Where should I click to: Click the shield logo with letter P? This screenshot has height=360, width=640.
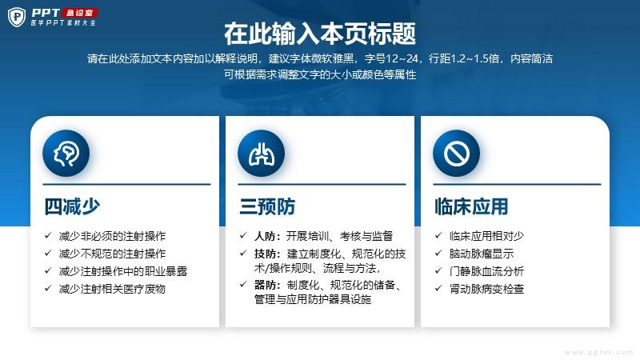[x=17, y=17]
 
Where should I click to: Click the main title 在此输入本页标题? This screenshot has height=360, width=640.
[x=320, y=34]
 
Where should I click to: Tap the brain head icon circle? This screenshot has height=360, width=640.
[x=66, y=153]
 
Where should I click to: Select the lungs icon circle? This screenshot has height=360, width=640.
[x=262, y=153]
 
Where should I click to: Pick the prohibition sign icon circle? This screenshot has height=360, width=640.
[x=456, y=153]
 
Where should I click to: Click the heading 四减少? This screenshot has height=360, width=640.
[x=72, y=206]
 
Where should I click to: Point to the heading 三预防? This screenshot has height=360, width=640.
[x=267, y=206]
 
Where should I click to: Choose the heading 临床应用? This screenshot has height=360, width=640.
[x=471, y=206]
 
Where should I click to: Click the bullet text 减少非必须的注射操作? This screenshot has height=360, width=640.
[x=112, y=236]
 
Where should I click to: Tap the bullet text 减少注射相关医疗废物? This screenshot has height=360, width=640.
[x=112, y=289]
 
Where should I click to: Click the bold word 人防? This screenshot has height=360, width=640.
[x=265, y=236]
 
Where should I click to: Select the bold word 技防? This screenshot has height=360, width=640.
[x=265, y=254]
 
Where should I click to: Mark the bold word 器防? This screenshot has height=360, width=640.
[x=265, y=285]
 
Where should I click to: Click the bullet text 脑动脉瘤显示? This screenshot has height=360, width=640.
[x=482, y=254]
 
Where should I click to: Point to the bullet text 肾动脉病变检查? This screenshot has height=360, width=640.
[x=486, y=289]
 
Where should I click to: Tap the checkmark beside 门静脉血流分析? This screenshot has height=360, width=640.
[x=438, y=270]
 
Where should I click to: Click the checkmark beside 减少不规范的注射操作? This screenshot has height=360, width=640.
[x=48, y=253]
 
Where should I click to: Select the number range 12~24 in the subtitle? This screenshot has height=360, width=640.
[x=402, y=58]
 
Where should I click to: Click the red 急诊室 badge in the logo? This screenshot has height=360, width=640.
[x=80, y=13]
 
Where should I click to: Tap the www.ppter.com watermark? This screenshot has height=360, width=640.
[x=599, y=352]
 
